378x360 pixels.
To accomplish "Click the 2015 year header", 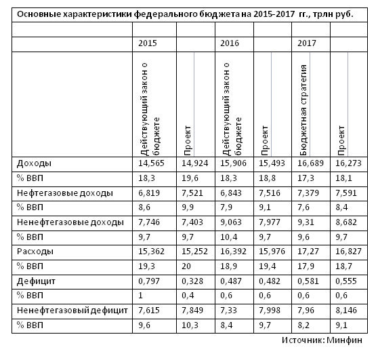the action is pyautogui.click(x=147, y=43).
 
